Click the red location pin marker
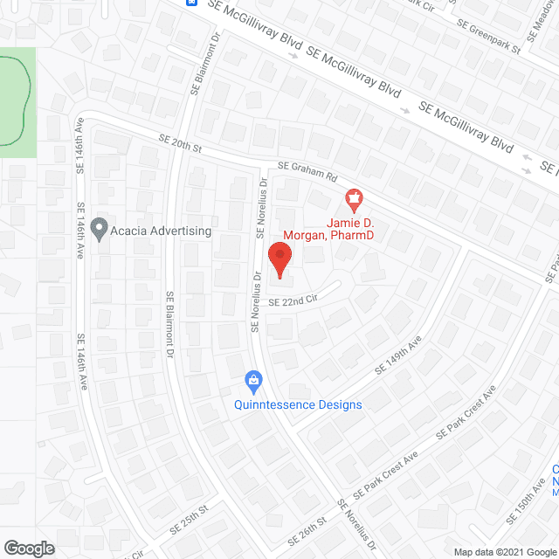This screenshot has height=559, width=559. (279, 259)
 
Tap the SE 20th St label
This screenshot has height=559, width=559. (180, 144)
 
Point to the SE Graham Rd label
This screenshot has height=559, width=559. (307, 170)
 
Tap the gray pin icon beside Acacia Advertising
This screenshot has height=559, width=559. (99, 230)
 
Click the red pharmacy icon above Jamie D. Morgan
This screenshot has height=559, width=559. (354, 200)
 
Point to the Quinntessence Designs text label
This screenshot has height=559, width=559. (297, 404)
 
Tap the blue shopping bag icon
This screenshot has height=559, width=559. (253, 380)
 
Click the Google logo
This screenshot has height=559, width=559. (29, 548)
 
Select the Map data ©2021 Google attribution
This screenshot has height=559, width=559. (504, 551)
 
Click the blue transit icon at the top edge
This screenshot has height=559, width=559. (191, 3)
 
